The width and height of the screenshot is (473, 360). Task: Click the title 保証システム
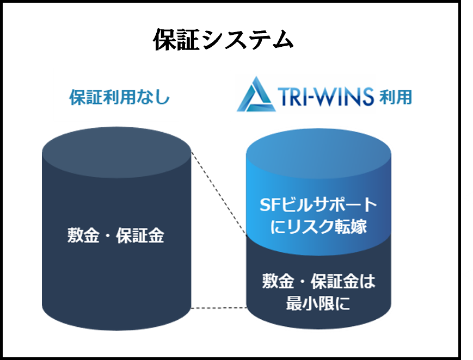pos(223,40)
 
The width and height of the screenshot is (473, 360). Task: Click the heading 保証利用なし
pos(119,98)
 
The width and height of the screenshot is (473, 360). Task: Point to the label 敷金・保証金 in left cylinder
pos(115,237)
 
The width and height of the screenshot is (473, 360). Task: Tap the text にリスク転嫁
pos(318,227)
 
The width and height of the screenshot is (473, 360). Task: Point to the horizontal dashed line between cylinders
pos(219,308)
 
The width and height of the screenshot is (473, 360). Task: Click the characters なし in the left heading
pos(157,98)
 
